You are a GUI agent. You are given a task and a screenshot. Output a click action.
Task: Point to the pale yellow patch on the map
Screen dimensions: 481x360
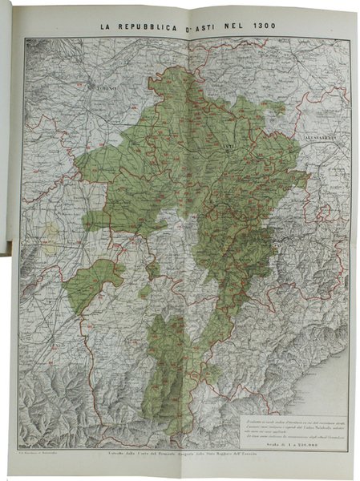click(x=51, y=232)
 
